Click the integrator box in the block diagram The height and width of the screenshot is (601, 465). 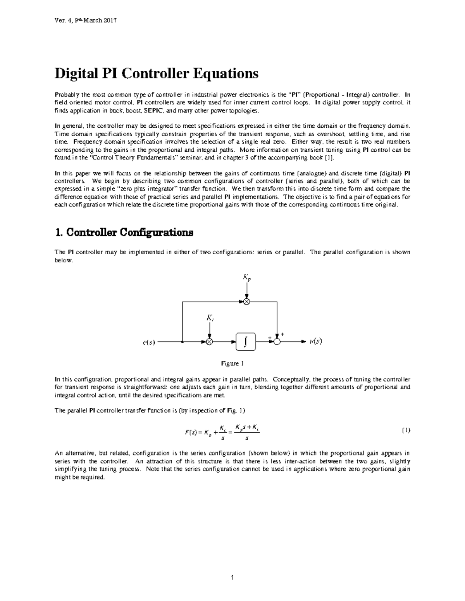click(x=246, y=342)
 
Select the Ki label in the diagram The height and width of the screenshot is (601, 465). click(x=209, y=318)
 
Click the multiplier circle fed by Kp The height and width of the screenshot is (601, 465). click(x=246, y=302)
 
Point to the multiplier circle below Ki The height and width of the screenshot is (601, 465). click(x=209, y=342)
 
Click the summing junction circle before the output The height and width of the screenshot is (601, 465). click(x=277, y=342)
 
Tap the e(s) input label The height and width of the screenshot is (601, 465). click(x=149, y=342)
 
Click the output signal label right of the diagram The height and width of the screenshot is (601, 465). click(x=316, y=341)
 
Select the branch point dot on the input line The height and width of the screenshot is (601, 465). click(x=182, y=342)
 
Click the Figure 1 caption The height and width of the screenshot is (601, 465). click(x=232, y=364)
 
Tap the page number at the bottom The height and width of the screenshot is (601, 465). click(x=232, y=578)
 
